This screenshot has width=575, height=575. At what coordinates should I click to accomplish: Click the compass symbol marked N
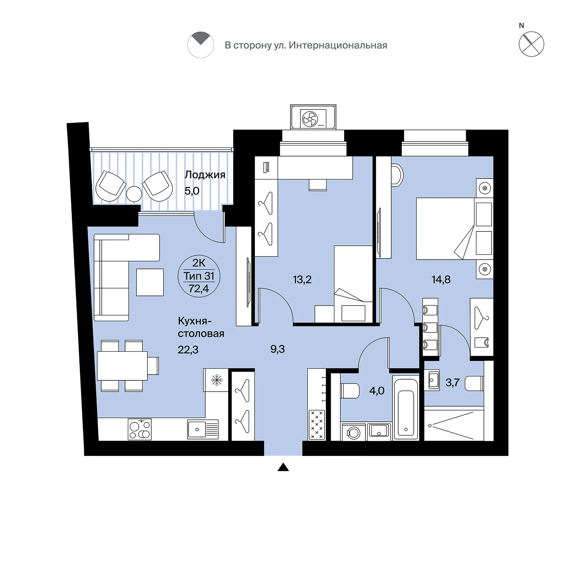[x=531, y=44]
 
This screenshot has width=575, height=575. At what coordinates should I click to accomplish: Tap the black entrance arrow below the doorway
[x=283, y=467]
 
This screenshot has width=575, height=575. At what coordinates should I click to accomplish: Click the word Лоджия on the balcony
[x=205, y=175]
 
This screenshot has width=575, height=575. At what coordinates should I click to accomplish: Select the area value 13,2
[x=302, y=279]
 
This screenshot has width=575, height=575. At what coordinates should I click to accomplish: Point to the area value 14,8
[x=441, y=279]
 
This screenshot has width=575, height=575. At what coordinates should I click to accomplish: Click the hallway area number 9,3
[x=277, y=349]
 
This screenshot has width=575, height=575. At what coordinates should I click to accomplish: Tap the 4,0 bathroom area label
[x=377, y=391]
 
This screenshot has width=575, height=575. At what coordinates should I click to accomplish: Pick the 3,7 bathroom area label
[x=452, y=382]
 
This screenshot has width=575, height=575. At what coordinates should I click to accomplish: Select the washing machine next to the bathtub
[x=354, y=432]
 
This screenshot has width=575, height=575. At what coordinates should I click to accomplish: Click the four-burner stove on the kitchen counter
[x=140, y=429]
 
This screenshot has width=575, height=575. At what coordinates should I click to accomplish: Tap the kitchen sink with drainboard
[x=203, y=429]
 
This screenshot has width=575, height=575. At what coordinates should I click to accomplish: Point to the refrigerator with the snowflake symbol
[x=216, y=380]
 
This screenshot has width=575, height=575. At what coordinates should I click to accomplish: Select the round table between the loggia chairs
[x=134, y=194]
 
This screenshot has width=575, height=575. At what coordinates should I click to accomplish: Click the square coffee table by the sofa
[x=150, y=282]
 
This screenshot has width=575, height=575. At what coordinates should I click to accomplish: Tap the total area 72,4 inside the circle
[x=199, y=288]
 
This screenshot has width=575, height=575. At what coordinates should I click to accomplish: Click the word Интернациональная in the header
[x=338, y=45]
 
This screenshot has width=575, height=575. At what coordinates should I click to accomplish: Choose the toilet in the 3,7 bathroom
[x=474, y=383]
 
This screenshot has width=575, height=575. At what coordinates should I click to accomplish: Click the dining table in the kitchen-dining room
[x=122, y=366]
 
